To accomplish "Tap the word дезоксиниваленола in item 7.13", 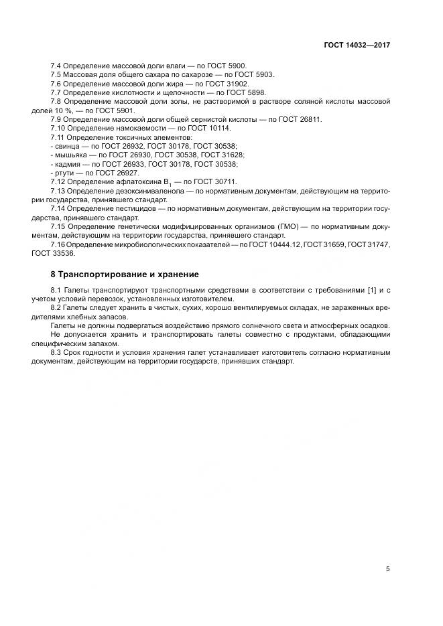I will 141,191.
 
